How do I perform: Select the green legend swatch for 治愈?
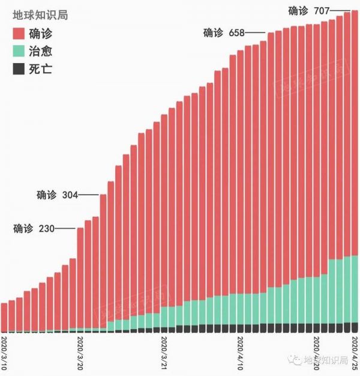[18, 52]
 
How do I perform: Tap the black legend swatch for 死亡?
[18, 69]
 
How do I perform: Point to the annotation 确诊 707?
[308, 10]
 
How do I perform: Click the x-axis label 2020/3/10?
[5, 353]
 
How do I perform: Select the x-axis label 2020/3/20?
[81, 353]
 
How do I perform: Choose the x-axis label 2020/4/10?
[241, 353]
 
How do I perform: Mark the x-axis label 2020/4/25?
[355, 353]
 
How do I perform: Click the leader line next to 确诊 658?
[255, 33]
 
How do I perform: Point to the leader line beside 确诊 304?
[88, 195]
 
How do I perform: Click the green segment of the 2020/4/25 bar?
[355, 288]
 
